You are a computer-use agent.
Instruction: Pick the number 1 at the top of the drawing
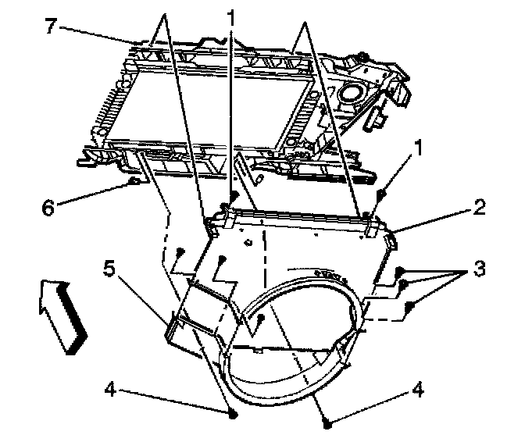pos(231,14)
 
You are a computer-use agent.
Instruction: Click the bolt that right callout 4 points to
pos(327,423)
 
